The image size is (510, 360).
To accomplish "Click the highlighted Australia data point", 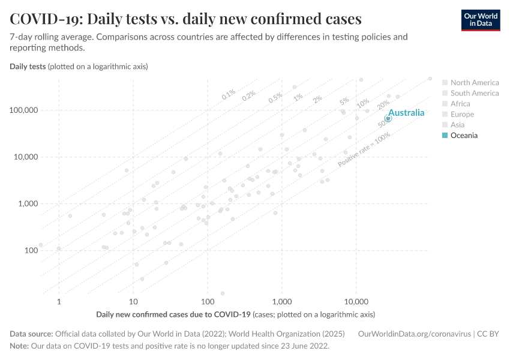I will (x=388, y=119).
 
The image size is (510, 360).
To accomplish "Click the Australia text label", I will (x=406, y=113).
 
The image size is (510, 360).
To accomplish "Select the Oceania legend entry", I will (x=464, y=136).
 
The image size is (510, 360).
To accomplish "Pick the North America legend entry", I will (x=474, y=83).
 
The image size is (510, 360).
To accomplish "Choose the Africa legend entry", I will (x=460, y=104).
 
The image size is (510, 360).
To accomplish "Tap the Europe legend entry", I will (x=462, y=115).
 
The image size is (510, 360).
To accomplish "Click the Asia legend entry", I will (x=457, y=125).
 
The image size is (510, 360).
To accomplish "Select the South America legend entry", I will (x=474, y=93).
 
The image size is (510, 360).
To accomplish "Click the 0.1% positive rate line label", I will (x=229, y=94).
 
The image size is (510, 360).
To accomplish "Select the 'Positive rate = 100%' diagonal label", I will (x=364, y=150).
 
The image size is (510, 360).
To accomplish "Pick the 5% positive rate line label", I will (x=344, y=101).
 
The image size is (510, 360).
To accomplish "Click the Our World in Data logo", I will (x=480, y=20).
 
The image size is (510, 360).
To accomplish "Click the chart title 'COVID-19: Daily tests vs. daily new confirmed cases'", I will (x=185, y=19).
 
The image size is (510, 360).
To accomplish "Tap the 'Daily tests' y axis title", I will (x=28, y=66).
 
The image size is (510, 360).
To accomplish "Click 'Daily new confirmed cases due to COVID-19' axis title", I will (x=173, y=314).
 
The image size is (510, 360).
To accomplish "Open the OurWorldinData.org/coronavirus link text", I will (x=413, y=334).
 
